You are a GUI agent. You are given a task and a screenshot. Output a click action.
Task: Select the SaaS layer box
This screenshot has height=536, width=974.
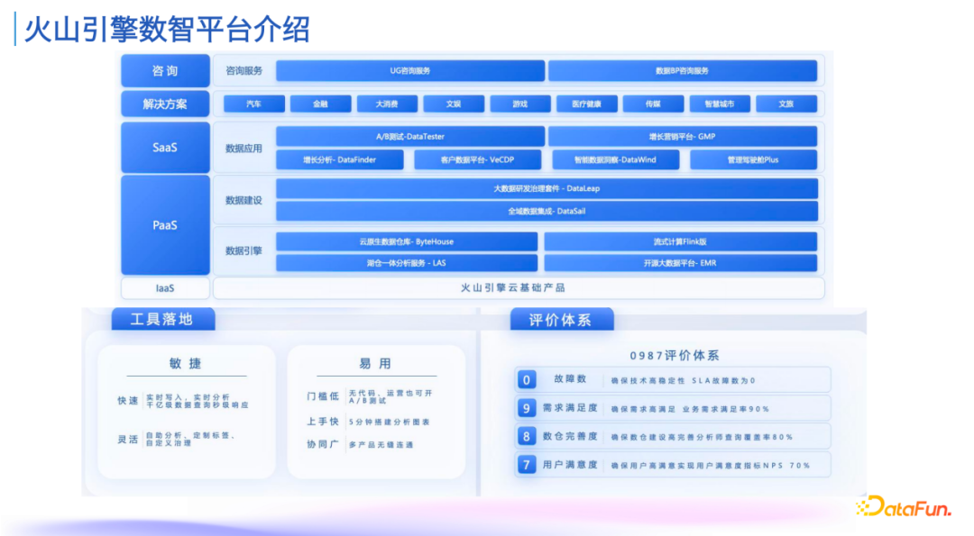pyautogui.click(x=165, y=148)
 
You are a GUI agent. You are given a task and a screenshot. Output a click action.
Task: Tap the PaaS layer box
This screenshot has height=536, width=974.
pyautogui.click(x=165, y=225)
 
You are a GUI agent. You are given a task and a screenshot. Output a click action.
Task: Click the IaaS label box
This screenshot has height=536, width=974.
pyautogui.click(x=165, y=288)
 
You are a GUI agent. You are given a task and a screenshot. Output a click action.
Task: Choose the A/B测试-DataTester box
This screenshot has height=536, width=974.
pyautogui.click(x=410, y=137)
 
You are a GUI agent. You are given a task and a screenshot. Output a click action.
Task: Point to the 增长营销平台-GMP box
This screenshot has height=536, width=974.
pyautogui.click(x=682, y=137)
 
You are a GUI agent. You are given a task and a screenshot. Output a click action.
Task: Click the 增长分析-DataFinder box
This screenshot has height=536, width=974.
pyautogui.click(x=339, y=160)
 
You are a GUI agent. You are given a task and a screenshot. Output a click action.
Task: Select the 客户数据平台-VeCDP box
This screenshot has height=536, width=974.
pyautogui.click(x=477, y=160)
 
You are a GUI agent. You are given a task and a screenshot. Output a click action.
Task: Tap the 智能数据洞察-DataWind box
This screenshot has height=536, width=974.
pyautogui.click(x=615, y=160)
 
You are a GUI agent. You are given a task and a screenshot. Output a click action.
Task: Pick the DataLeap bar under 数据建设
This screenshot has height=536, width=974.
pyautogui.click(x=547, y=188)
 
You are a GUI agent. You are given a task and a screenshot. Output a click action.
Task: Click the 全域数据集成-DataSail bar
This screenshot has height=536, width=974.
pyautogui.click(x=547, y=211)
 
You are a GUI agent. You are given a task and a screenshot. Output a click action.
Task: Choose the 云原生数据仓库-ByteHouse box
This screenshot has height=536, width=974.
pyautogui.click(x=406, y=241)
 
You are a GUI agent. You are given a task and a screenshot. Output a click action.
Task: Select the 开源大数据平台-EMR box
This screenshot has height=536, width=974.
pyautogui.click(x=680, y=263)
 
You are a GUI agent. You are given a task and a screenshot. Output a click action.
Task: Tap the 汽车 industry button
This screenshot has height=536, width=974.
pyautogui.click(x=254, y=104)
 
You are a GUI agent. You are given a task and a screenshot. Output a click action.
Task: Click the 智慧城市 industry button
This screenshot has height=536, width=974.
pyautogui.click(x=720, y=104)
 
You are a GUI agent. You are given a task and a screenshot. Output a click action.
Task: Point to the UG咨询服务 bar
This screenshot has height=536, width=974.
pyautogui.click(x=410, y=71)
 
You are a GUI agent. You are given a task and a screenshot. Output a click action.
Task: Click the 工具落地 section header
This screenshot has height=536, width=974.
pyautogui.click(x=161, y=319)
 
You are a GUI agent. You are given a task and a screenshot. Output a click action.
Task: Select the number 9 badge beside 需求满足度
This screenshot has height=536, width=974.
pyautogui.click(x=527, y=408)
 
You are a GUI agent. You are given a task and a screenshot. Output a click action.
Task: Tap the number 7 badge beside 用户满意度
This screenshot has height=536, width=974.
pyautogui.click(x=527, y=465)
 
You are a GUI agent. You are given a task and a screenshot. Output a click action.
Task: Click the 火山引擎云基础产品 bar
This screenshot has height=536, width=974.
pyautogui.click(x=519, y=288)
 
